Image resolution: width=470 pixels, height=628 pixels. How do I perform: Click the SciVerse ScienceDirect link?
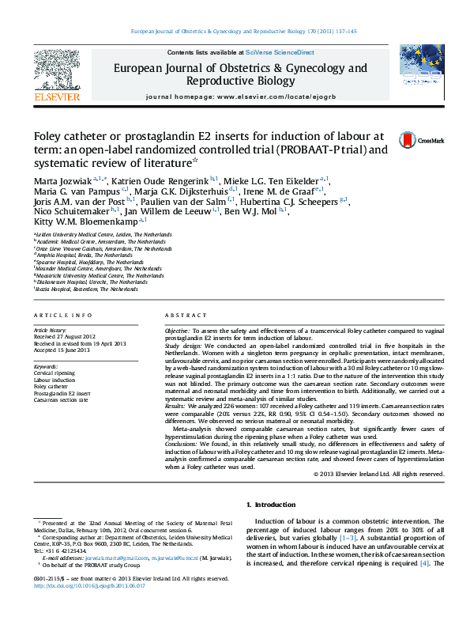click(280, 52)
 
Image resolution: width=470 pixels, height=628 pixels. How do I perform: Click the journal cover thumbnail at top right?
click(421, 71)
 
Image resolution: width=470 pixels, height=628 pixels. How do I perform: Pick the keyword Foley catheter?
click(51, 386)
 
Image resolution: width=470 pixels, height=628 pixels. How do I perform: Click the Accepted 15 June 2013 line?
click(61, 350)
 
